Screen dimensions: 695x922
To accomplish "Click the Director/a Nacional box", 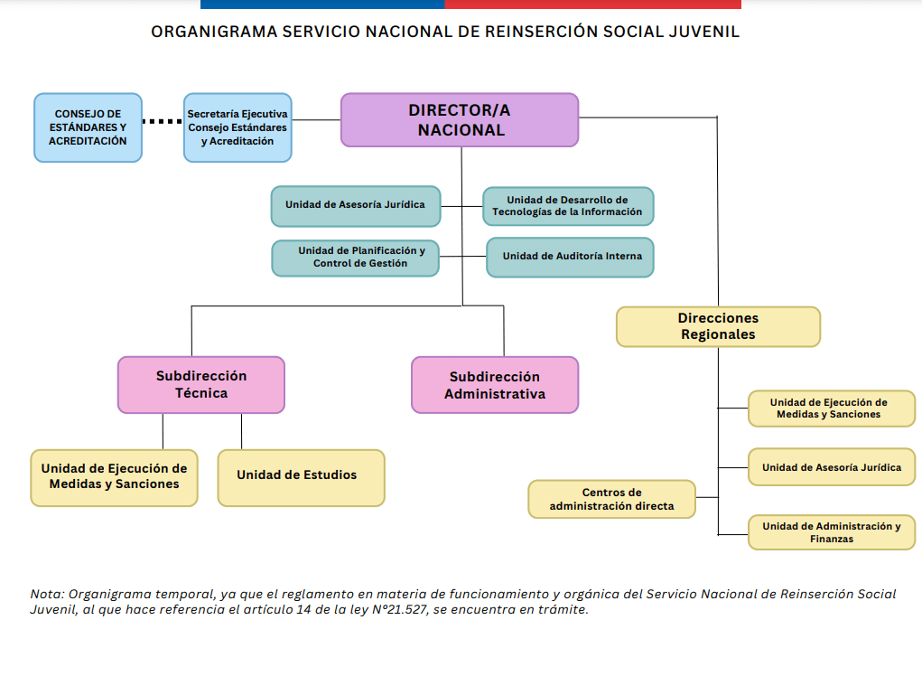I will click(459, 119).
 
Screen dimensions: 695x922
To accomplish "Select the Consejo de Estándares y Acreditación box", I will click(88, 127).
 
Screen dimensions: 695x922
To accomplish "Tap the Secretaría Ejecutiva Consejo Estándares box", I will click(237, 127).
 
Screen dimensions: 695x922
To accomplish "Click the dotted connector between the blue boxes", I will click(163, 121).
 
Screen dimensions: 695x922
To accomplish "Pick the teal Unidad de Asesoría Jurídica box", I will click(355, 205).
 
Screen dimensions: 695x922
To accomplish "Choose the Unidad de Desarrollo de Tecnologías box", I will click(567, 206).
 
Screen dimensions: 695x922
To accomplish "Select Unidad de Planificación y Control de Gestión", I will click(355, 258).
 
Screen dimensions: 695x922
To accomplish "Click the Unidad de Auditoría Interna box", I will click(569, 257).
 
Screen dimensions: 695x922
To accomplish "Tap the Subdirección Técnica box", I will click(200, 384).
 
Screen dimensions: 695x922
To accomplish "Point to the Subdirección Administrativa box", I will click(494, 385).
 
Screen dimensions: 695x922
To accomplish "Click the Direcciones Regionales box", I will click(718, 326).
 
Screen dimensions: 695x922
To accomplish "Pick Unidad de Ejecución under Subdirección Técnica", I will click(114, 476).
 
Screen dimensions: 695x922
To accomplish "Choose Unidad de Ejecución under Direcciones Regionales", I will click(830, 409).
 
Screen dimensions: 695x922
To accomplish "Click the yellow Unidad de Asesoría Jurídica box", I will click(830, 467).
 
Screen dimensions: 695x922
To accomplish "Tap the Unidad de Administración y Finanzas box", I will click(830, 531).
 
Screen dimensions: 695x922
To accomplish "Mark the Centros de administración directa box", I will click(611, 499).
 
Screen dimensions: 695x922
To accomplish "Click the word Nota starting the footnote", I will click(46, 594).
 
